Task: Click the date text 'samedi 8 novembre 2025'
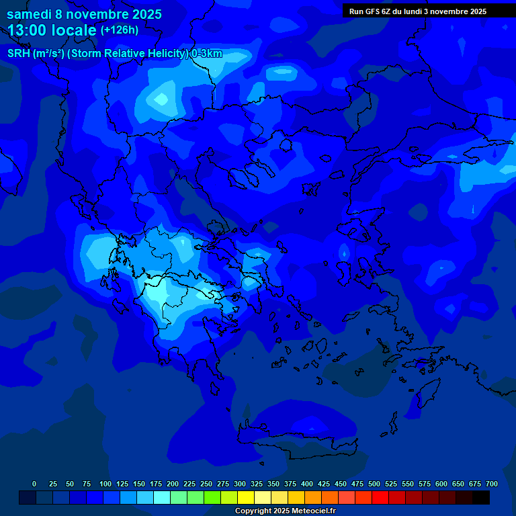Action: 84,14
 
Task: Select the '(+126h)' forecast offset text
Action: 119,30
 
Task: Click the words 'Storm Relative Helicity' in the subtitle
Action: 129,54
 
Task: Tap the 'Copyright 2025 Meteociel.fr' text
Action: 285,511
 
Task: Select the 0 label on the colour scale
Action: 34,484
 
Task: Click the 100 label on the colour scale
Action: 105,484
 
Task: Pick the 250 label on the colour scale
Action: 206,484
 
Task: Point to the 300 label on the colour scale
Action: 240,484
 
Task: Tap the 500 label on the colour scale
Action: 374,484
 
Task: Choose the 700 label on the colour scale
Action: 491,484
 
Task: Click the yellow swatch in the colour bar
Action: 246,497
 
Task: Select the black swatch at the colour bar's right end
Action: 481,497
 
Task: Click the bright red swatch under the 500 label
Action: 380,497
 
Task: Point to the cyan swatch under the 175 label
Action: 162,497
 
